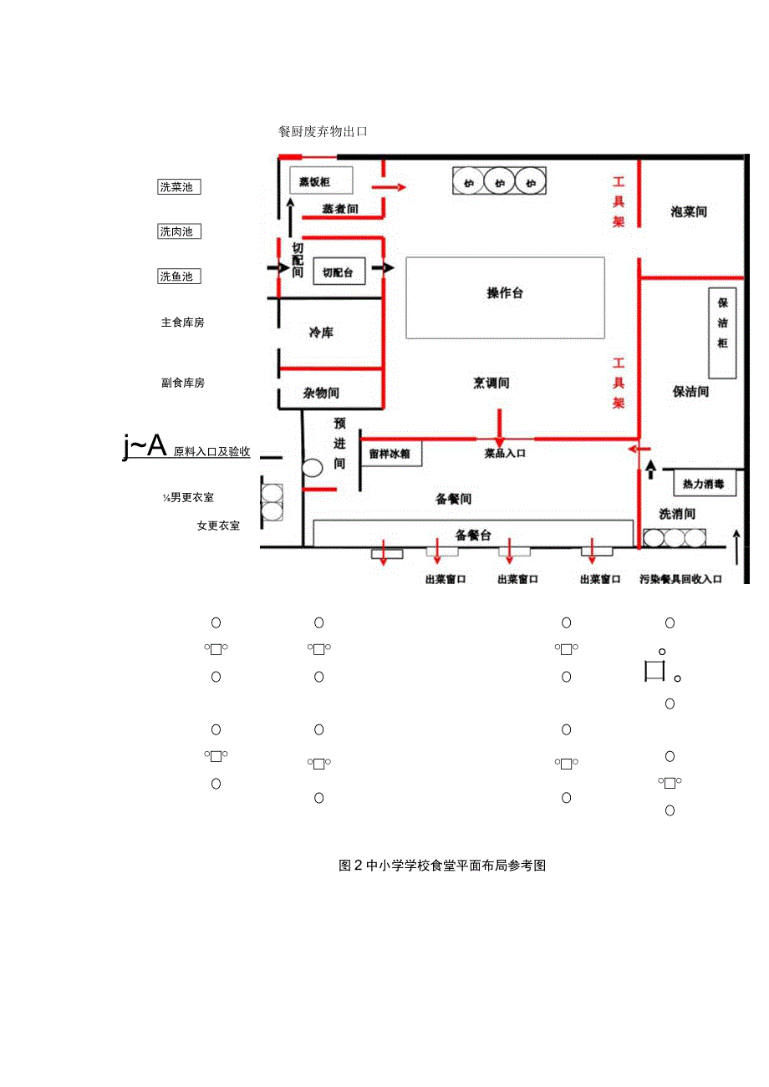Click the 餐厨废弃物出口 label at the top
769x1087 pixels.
pos(323,132)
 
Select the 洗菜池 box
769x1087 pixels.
pos(179,187)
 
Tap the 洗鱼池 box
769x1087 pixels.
pos(179,276)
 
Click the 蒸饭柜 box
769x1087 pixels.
pos(321,180)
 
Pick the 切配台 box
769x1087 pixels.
pos(339,272)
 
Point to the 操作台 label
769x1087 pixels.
pos(505,293)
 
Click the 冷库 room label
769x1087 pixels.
pos(322,333)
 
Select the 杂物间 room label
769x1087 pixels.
pos(322,393)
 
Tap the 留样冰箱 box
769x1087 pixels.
pos(391,455)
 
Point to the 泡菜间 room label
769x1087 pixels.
pos(689,211)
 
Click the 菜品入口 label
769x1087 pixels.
pos(505,454)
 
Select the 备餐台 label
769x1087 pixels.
pos(473,535)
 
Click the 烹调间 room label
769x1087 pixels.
pos(491,383)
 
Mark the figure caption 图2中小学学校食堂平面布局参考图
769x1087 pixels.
pos(442,866)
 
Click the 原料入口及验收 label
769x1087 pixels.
pos(211,451)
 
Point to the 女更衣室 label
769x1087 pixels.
pos(218,526)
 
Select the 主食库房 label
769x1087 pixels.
pos(182,323)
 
